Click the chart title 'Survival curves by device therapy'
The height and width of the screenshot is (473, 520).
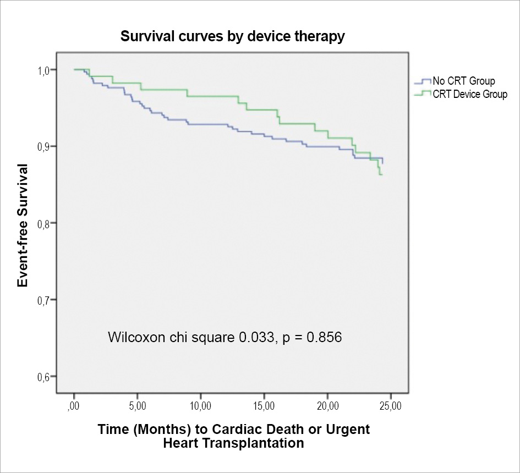pos(232,37)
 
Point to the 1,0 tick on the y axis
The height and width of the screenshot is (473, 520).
pos(43,70)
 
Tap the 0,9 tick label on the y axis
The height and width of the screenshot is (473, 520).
pos(43,146)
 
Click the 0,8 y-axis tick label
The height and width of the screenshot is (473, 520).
pos(43,223)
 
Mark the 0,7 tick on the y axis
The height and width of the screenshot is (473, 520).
pos(43,300)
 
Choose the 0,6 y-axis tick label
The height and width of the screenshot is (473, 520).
pos(43,377)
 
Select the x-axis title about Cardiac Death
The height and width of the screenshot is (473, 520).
pos(233,436)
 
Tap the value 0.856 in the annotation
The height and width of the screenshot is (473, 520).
pos(326,337)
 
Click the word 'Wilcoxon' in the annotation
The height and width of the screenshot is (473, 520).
pos(134,337)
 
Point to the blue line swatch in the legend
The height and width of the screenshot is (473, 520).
pos(421,82)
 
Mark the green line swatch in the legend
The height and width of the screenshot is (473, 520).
pos(421,94)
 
